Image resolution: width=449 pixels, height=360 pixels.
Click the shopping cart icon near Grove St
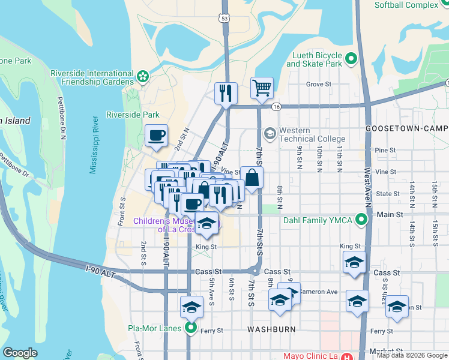262,88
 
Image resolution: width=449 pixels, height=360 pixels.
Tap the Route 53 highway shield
224,19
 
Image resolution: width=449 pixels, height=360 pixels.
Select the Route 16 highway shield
276,106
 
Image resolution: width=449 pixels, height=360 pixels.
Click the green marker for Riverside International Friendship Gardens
143,76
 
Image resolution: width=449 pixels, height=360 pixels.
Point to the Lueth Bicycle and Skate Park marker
351,59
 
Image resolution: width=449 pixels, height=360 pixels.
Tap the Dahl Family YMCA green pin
361,220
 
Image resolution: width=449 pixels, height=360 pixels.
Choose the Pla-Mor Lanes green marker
191,328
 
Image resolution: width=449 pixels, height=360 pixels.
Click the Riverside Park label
133,115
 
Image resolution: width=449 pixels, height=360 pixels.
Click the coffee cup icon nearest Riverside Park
156,135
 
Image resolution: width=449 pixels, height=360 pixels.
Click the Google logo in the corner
20,353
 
